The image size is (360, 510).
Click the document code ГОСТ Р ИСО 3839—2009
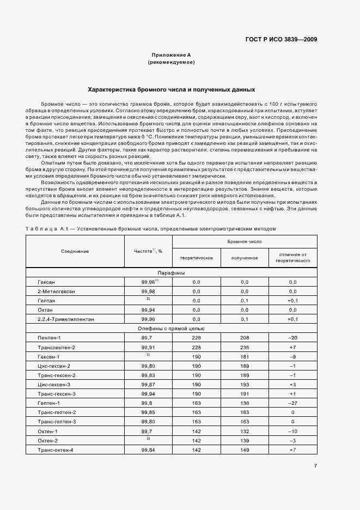click(281, 39)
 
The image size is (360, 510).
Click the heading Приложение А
click(171, 56)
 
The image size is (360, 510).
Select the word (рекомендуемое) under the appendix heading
click(171, 63)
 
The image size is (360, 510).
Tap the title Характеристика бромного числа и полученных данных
click(171, 89)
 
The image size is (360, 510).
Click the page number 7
click(315, 465)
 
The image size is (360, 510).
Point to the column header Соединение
click(75, 251)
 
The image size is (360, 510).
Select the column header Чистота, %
click(148, 251)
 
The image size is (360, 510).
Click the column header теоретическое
click(196, 257)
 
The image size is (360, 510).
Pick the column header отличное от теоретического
click(292, 257)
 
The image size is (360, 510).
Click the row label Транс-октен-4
click(56, 450)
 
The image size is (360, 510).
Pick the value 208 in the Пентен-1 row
click(244, 338)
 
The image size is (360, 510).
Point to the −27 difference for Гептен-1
click(292, 403)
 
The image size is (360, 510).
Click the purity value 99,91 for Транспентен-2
click(148, 347)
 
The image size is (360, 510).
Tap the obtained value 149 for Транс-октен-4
click(244, 450)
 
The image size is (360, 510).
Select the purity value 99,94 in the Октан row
click(148, 310)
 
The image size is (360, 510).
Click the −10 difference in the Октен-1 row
click(292, 432)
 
